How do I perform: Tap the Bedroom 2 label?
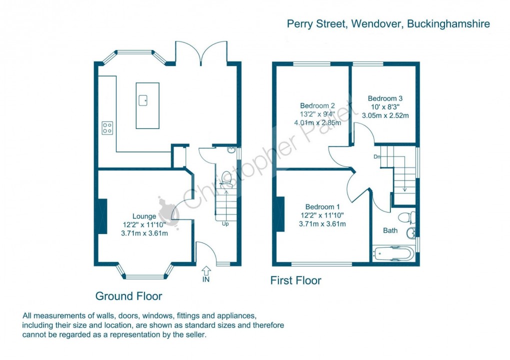tap(316, 105)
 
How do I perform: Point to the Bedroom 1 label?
tap(322, 207)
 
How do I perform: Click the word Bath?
tap(390, 231)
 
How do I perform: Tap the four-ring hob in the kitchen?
tap(107, 128)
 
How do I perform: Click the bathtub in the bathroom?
tap(393, 253)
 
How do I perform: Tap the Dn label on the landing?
tap(376, 156)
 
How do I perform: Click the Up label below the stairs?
tap(225, 223)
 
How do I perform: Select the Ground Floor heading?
tap(128, 296)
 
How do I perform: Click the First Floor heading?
tap(295, 280)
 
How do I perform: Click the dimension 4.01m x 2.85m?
tap(317, 122)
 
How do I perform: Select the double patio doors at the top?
tap(200, 53)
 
